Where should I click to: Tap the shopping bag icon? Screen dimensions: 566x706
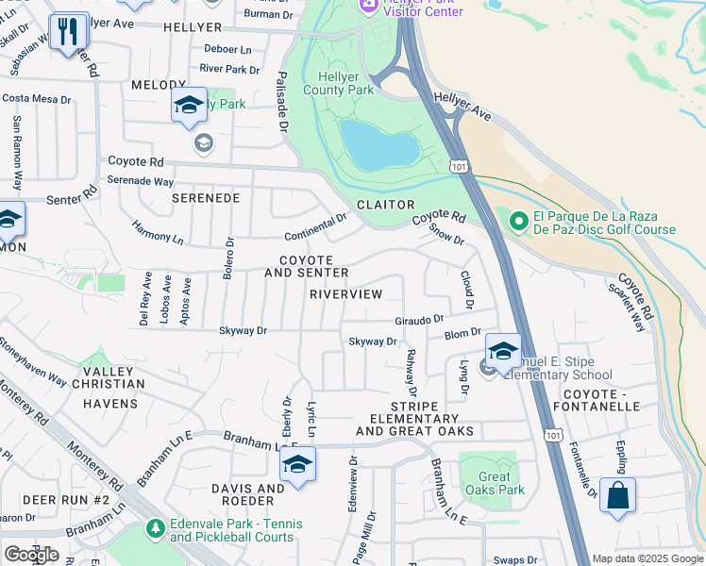(617, 495)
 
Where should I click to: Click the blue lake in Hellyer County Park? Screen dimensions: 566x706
(379, 144)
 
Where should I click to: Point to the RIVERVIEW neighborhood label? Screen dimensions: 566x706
(346, 294)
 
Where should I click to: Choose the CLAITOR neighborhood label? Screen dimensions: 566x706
(385, 205)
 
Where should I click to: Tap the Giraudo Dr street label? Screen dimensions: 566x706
(418, 319)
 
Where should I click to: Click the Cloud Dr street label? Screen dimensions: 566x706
(465, 291)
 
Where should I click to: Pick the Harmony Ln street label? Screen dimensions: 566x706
(158, 232)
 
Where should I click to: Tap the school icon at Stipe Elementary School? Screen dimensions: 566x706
(503, 350)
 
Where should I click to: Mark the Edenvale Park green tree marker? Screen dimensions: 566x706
(156, 530)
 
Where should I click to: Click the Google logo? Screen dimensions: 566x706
(31, 555)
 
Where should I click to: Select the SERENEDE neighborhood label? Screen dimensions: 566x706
(205, 198)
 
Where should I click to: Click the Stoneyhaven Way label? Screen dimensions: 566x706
(33, 363)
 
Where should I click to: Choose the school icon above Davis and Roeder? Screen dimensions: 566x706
(297, 465)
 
